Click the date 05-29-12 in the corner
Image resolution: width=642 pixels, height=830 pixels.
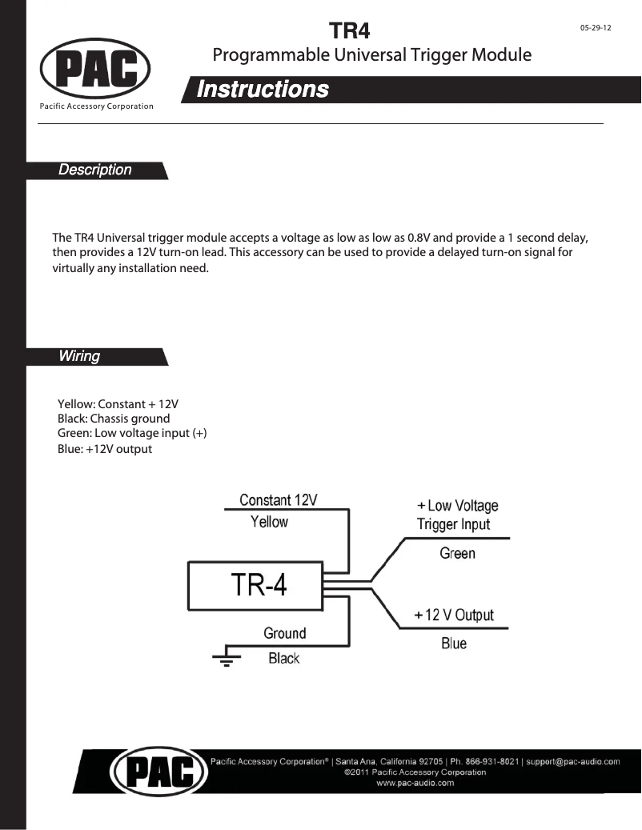596,27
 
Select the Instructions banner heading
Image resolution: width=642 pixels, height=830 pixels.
263,89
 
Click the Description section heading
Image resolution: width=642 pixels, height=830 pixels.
95,170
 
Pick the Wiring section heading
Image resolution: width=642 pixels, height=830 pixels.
79,356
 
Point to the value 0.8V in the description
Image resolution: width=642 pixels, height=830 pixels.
422,238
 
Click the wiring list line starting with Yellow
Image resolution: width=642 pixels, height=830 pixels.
118,403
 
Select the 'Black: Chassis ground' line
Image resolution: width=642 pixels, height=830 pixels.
114,419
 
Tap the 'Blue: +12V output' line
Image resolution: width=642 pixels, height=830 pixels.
105,449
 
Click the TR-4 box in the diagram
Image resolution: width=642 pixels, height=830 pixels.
255,586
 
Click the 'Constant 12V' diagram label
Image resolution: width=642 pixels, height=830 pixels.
279,500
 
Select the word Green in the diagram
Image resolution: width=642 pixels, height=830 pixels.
457,553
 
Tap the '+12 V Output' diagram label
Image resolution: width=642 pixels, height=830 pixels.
454,615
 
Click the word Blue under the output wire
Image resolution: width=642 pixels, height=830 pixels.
454,644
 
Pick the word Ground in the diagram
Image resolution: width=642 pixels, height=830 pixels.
285,633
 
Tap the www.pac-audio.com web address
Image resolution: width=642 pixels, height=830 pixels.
415,784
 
